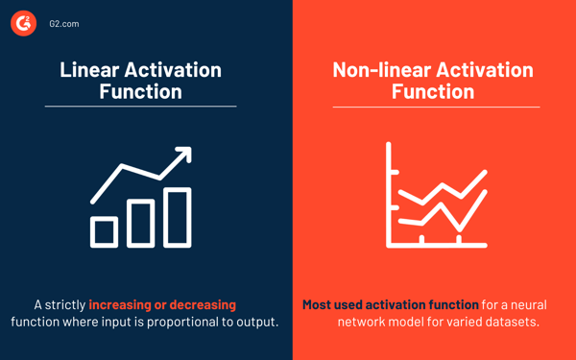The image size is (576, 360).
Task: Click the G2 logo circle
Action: (x=24, y=23)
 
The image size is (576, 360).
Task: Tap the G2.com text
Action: (x=63, y=23)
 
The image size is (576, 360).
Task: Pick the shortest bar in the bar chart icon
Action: (x=104, y=231)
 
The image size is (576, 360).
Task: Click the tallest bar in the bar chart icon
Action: (x=179, y=217)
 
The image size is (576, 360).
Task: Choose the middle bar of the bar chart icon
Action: (x=141, y=224)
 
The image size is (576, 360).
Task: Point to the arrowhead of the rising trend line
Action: (x=184, y=154)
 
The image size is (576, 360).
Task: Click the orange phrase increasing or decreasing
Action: (x=162, y=304)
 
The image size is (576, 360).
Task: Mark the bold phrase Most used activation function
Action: (x=391, y=304)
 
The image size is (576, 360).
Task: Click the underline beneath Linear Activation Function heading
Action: (x=140, y=106)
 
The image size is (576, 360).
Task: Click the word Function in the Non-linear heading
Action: (x=432, y=92)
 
